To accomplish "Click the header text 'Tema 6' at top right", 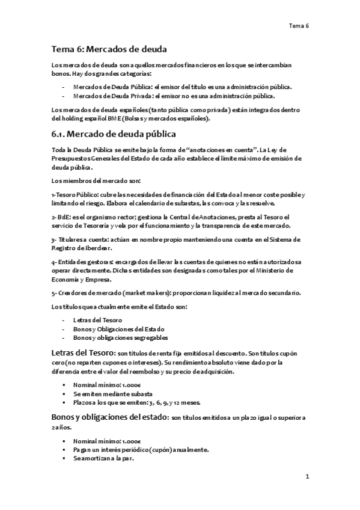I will click(x=298, y=25).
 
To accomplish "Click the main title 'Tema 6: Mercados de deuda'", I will click(x=109, y=49).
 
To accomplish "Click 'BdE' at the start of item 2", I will click(x=58, y=217).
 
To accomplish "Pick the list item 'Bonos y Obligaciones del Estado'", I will click(x=119, y=328).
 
